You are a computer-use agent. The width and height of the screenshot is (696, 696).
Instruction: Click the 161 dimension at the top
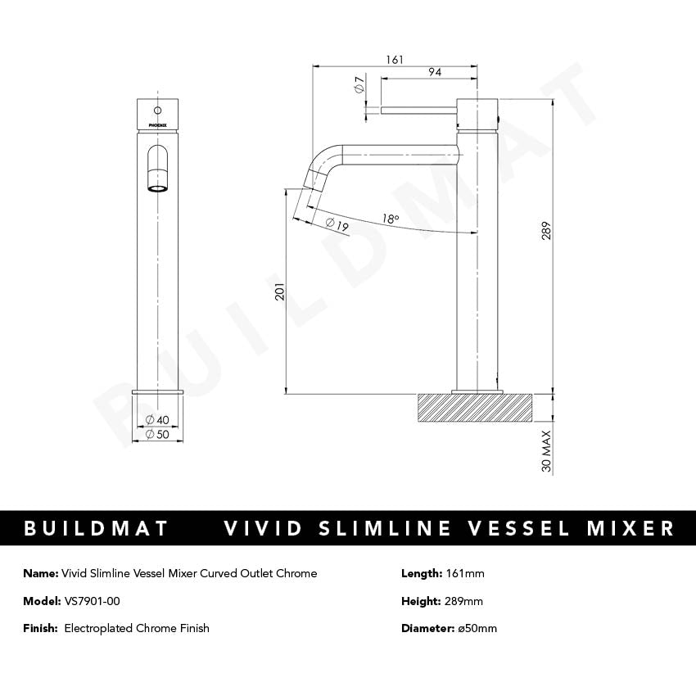tap(395, 60)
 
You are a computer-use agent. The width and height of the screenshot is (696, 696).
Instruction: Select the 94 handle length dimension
tap(435, 73)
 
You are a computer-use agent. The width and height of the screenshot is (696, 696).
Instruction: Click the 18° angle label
tap(390, 219)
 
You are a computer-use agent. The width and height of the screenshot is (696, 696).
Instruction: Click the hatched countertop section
tap(475, 408)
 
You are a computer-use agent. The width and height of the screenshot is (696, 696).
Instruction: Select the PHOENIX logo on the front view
tap(156, 125)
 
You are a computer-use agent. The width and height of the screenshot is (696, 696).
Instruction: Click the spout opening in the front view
tap(156, 188)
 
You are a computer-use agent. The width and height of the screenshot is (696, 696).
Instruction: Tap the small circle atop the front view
tap(156, 108)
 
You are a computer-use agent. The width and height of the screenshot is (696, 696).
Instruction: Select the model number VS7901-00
tap(92, 601)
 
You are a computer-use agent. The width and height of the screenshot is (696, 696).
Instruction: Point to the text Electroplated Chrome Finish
tap(137, 628)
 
